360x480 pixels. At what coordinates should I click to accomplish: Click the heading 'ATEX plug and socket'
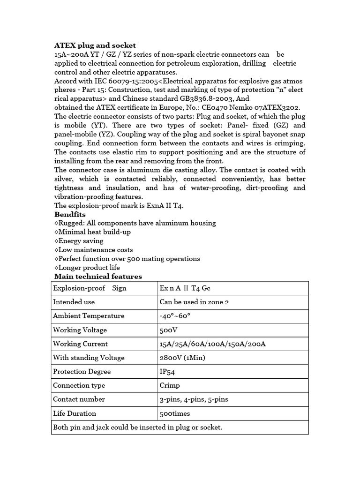(95, 45)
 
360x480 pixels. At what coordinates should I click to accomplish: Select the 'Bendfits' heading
(70, 214)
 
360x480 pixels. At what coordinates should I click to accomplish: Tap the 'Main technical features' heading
(98, 277)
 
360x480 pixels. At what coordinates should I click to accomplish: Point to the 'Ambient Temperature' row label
(89, 316)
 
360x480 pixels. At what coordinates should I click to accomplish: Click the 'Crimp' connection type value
(170, 385)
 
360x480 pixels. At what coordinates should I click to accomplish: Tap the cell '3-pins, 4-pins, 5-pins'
(194, 399)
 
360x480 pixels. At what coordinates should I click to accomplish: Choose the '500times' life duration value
(175, 413)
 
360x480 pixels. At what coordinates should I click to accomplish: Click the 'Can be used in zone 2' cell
(194, 302)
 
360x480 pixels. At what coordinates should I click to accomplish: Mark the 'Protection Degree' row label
(82, 372)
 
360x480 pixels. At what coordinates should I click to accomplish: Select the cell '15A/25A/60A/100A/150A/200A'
(213, 344)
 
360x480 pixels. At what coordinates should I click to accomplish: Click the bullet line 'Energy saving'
(79, 241)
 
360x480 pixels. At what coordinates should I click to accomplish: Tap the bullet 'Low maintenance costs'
(94, 250)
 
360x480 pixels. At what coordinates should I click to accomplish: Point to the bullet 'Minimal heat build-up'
(93, 232)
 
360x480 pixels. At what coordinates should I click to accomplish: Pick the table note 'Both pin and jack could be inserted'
(137, 427)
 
